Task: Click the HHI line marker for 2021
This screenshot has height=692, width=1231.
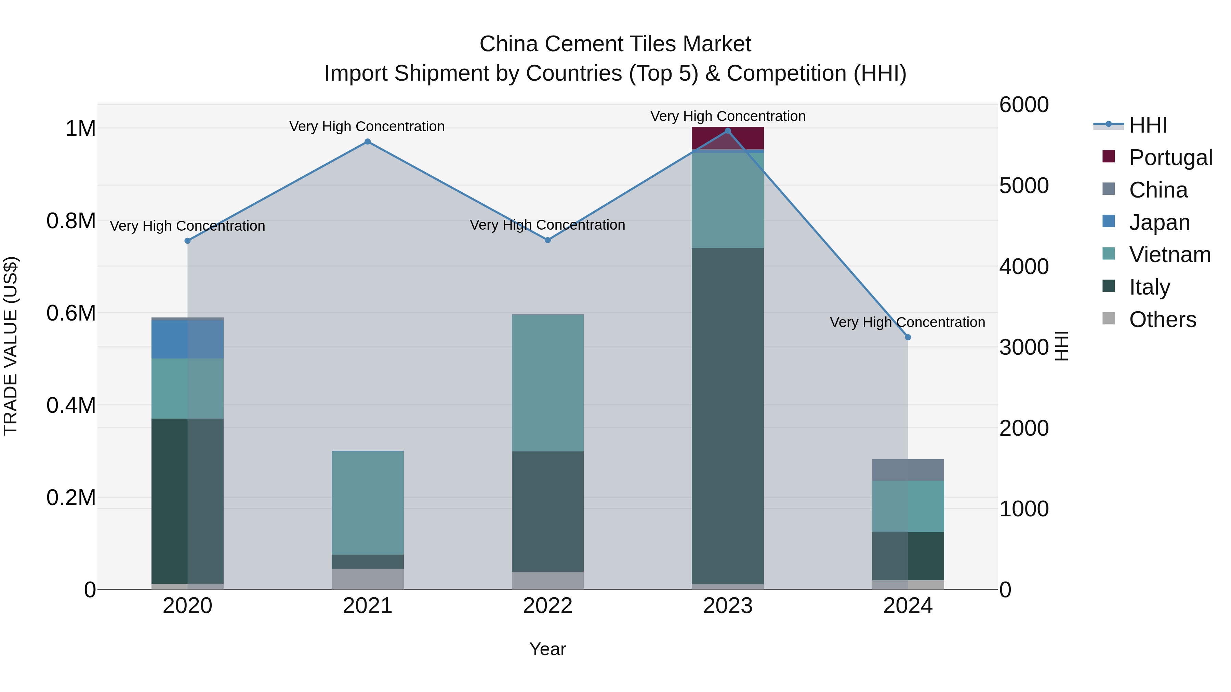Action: (x=368, y=141)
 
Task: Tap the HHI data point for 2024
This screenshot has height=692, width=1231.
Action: (x=908, y=337)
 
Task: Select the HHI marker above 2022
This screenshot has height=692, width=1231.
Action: (x=548, y=240)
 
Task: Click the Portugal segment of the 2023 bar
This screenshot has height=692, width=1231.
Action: (x=728, y=138)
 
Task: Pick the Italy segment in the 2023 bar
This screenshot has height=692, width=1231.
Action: (x=728, y=416)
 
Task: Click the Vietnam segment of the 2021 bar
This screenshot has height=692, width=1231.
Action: (x=368, y=502)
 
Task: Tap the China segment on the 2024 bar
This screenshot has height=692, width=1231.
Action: (x=908, y=470)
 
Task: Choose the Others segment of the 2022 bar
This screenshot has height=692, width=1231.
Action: (x=548, y=580)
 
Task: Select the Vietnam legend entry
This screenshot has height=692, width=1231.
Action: (x=1169, y=255)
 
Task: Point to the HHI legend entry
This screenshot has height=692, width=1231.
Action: (x=1148, y=125)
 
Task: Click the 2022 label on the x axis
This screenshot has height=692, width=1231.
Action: (x=548, y=606)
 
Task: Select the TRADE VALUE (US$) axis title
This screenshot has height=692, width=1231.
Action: (x=11, y=346)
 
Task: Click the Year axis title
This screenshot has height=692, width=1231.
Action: (x=548, y=649)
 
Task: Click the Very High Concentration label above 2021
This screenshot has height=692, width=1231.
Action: (x=367, y=126)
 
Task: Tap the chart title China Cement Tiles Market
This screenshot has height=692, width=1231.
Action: (x=615, y=44)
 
